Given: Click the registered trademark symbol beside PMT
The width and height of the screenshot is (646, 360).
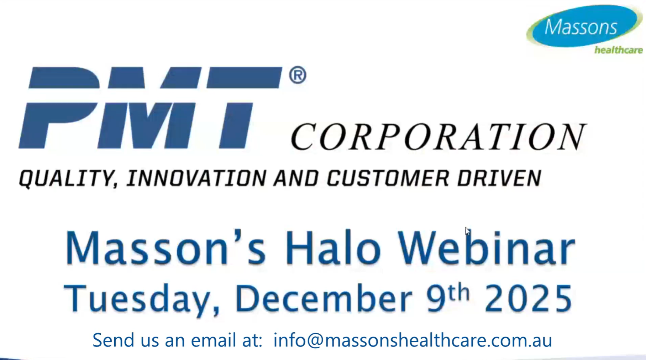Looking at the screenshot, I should click(298, 75).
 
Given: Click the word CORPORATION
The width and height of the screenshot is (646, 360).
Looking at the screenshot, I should click(438, 137).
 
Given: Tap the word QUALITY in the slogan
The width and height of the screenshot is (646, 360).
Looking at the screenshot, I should click(68, 178).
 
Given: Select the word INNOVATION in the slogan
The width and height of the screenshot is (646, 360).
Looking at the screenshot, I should click(196, 178).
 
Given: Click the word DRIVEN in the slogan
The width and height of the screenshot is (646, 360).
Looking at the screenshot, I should click(499, 178).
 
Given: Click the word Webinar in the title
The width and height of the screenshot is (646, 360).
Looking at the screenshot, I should click(486, 248).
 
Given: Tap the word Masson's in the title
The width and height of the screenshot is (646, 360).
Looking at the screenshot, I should click(165, 248).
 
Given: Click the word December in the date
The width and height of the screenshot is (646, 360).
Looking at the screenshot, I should click(323, 298).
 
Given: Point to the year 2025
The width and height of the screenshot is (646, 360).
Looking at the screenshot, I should click(528, 298).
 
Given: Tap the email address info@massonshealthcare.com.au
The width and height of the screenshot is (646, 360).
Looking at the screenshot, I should click(413, 340).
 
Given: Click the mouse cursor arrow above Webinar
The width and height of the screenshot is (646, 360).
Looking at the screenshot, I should click(467, 231).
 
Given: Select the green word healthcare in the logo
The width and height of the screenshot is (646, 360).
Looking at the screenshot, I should click(618, 50).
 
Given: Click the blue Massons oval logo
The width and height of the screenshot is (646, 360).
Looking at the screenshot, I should click(583, 26).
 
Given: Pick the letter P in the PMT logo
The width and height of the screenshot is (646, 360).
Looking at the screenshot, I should click(59, 107).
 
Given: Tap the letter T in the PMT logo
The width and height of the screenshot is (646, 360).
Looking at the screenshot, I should click(242, 107).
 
